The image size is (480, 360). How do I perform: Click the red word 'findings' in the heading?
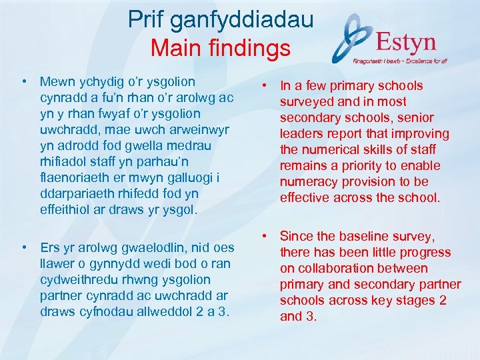click(x=251, y=49)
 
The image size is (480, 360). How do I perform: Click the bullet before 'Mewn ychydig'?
click(x=24, y=82)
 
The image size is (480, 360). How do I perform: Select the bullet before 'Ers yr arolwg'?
click(x=24, y=247)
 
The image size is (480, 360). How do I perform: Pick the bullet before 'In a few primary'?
click(x=265, y=85)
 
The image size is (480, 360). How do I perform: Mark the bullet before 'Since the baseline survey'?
click(x=265, y=236)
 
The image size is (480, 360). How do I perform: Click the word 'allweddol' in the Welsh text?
click(x=164, y=311)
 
